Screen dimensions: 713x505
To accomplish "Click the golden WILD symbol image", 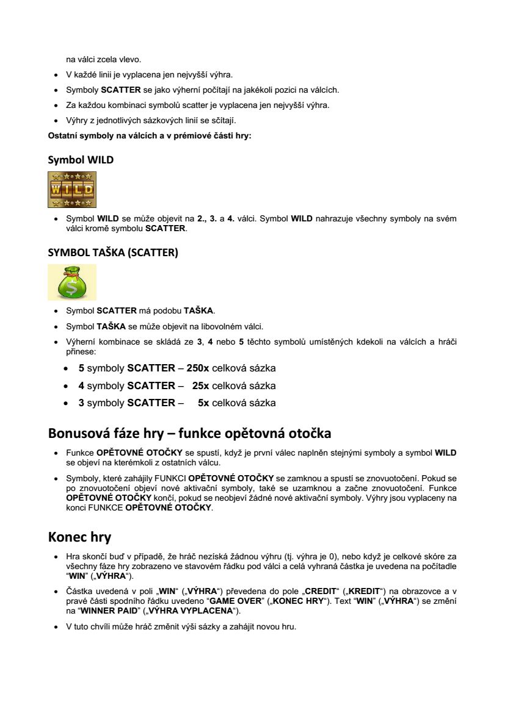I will (x=72, y=190).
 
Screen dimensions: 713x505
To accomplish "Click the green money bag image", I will (x=72, y=282).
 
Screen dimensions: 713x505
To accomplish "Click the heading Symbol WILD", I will (x=81, y=160).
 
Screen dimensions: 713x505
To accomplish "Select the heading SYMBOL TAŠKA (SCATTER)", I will (x=113, y=253).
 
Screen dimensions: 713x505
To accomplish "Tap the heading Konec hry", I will (x=79, y=537).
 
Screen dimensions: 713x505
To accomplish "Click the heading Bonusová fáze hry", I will (x=189, y=434).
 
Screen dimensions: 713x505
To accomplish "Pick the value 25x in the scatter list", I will (x=200, y=385).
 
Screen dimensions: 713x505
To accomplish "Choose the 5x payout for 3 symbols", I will (x=203, y=403).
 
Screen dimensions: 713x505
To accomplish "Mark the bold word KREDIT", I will (x=366, y=591).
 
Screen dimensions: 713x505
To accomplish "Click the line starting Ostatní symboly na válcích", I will (x=150, y=135).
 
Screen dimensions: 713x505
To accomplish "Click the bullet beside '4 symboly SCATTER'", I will (x=66, y=386).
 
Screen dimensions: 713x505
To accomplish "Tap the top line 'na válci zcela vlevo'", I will (x=103, y=60).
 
